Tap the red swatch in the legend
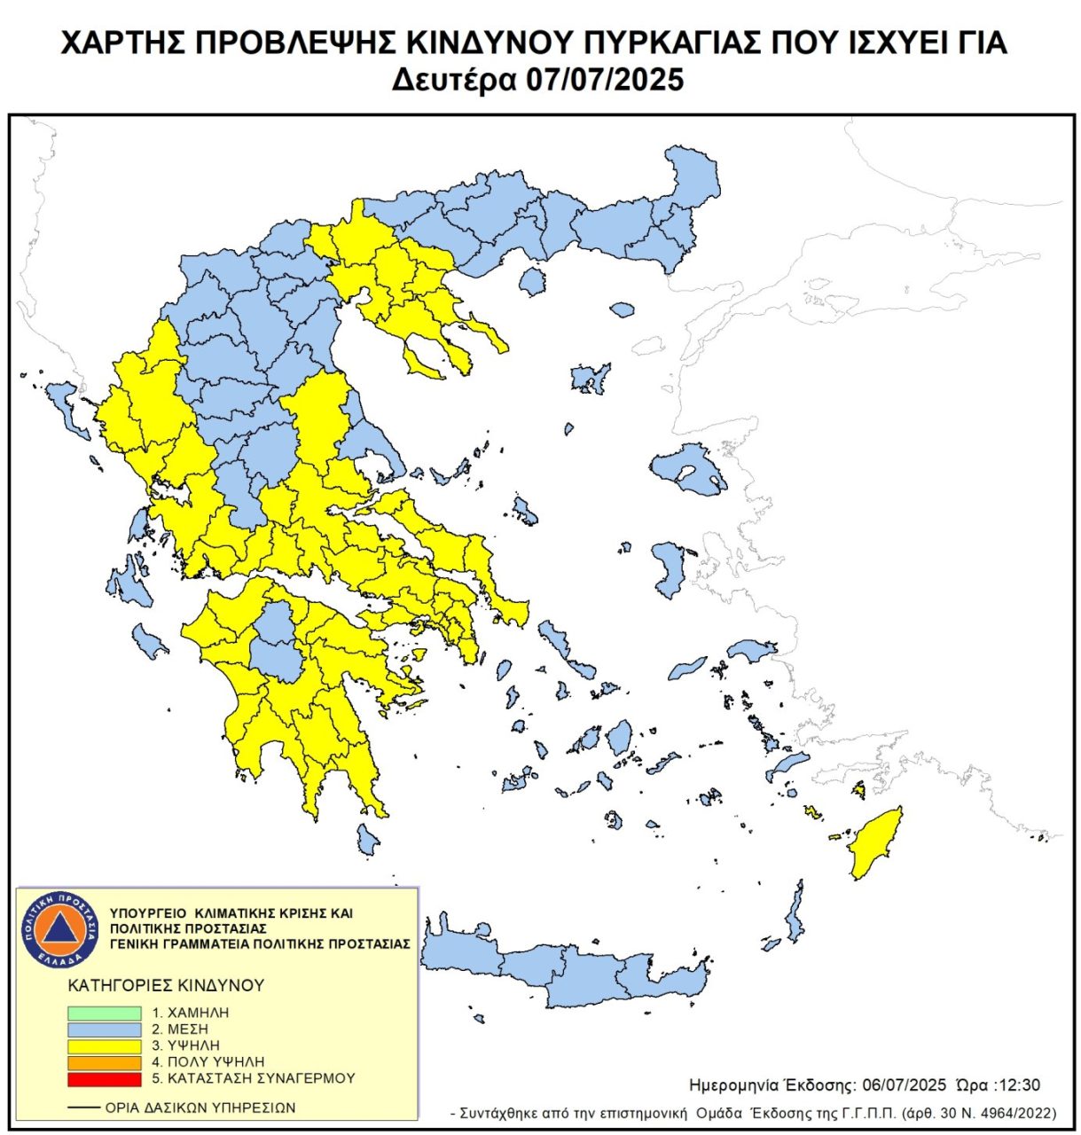104,1079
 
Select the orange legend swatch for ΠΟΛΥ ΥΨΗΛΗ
104,1062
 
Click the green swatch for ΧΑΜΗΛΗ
104,1013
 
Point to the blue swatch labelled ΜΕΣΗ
104,1029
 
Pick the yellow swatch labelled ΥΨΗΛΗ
104,1046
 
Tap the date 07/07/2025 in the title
605,80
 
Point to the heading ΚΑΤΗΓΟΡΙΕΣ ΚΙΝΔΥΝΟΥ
166,985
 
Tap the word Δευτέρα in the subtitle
453,80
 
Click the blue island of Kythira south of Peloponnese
367,839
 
